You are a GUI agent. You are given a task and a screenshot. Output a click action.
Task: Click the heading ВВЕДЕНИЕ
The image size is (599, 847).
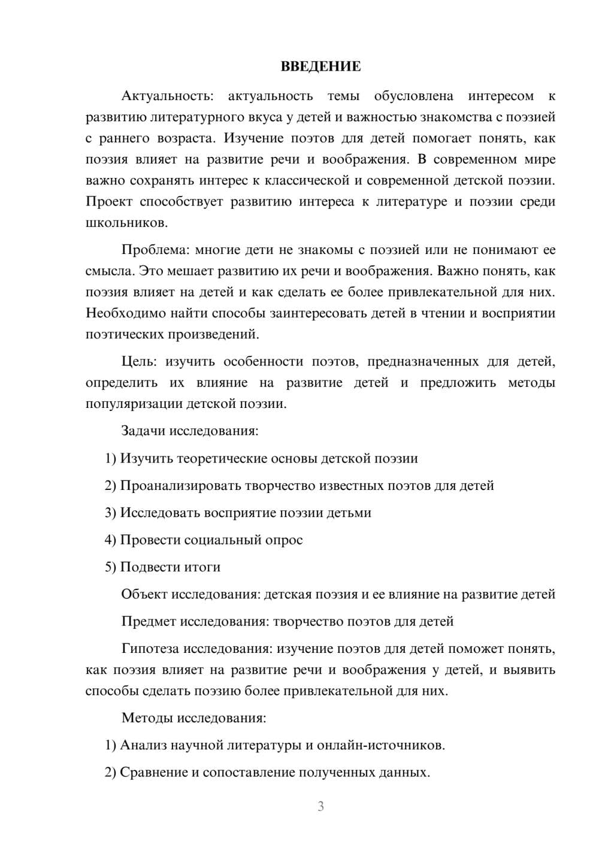(320, 66)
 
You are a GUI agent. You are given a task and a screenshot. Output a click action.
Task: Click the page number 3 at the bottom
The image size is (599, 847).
(320, 806)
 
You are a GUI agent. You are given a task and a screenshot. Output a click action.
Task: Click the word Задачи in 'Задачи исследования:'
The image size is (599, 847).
(144, 431)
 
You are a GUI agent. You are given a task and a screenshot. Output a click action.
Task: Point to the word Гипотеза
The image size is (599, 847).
(150, 649)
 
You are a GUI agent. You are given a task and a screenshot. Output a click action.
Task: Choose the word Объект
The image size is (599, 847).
(145, 594)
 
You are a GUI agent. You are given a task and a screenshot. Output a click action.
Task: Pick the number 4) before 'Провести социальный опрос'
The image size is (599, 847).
(110, 540)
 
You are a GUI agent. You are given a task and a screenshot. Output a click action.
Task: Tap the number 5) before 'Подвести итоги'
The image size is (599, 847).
(110, 567)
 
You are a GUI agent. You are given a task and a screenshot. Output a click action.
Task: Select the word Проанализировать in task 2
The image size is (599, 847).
(180, 485)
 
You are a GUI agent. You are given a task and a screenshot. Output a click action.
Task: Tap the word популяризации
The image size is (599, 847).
(135, 404)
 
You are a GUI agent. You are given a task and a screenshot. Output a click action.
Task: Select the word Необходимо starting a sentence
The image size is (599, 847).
(126, 313)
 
